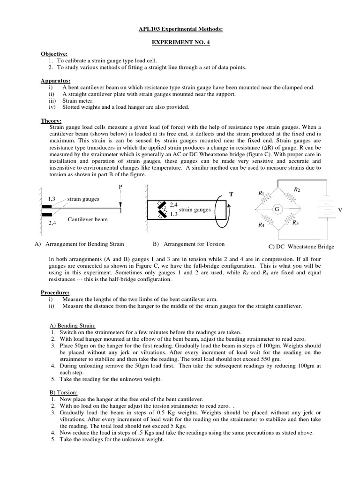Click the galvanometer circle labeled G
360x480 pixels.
(x=277, y=208)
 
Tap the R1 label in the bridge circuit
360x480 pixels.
(x=261, y=193)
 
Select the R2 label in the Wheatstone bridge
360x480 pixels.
(x=296, y=189)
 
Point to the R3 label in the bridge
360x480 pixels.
(x=295, y=223)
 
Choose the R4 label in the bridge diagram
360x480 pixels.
(x=261, y=225)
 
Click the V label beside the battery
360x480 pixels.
(x=340, y=210)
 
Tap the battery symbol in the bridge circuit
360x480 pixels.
(x=325, y=208)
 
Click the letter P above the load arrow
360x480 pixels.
(x=120, y=187)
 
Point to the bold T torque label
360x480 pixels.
(x=231, y=194)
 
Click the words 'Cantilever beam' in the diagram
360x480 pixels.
(x=88, y=219)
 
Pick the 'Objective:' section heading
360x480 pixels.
(x=54, y=54)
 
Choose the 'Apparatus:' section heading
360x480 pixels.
(x=55, y=81)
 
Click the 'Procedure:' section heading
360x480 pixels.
(x=55, y=292)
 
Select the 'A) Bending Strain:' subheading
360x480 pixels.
(x=73, y=325)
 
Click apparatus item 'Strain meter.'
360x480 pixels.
(x=78, y=100)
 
